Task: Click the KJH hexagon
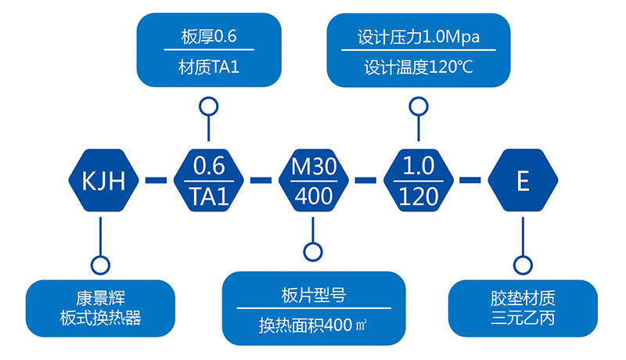(x=103, y=181)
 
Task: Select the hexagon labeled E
(x=523, y=181)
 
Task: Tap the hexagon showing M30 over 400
(x=313, y=181)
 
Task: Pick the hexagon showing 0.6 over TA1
(x=208, y=181)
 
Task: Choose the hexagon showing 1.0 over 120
(x=418, y=181)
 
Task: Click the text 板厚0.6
(x=208, y=37)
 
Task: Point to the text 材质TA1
(x=208, y=67)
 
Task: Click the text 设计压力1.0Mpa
(x=418, y=37)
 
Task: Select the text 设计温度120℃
(x=418, y=67)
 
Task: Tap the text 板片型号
(x=313, y=295)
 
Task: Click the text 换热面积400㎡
(x=313, y=325)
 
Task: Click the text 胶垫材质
(x=523, y=298)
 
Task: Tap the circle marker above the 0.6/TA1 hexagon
(x=208, y=106)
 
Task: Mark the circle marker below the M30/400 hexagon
(x=313, y=252)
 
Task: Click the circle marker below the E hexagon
(x=523, y=264)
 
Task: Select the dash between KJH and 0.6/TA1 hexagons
(x=156, y=181)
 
